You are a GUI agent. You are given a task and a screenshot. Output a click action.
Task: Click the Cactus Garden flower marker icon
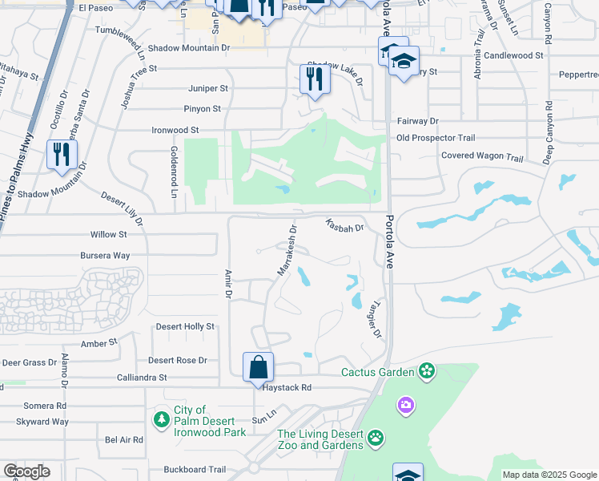(x=427, y=371)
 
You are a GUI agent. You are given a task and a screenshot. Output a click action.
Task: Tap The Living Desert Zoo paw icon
(x=375, y=439)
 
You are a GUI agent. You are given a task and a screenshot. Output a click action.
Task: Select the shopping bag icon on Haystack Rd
(x=259, y=368)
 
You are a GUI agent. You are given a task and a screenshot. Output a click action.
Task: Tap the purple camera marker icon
(x=406, y=406)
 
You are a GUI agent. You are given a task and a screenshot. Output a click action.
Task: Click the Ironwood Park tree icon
(x=162, y=418)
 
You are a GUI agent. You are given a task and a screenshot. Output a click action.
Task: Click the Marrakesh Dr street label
(x=287, y=250)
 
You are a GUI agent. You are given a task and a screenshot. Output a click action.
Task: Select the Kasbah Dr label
(x=345, y=226)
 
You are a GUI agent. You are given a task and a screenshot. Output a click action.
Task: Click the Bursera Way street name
(x=105, y=256)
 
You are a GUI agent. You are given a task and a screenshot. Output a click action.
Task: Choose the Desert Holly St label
(x=185, y=326)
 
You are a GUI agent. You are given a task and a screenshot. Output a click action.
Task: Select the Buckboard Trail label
(x=195, y=470)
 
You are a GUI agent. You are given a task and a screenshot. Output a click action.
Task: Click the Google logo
(x=26, y=471)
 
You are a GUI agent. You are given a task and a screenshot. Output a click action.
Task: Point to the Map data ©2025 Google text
(x=549, y=475)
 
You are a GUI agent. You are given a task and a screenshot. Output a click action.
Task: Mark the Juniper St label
(x=208, y=88)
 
